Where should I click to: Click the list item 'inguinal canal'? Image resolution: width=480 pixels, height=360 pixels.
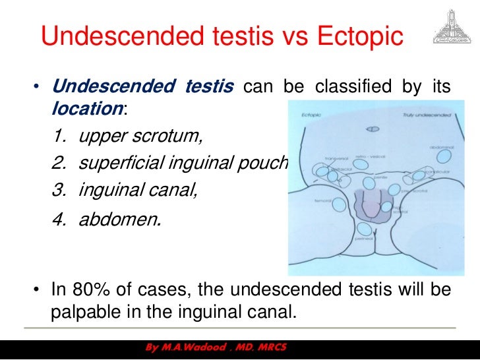click(x=137, y=189)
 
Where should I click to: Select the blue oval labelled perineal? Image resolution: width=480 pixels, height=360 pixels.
click(x=363, y=230)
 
